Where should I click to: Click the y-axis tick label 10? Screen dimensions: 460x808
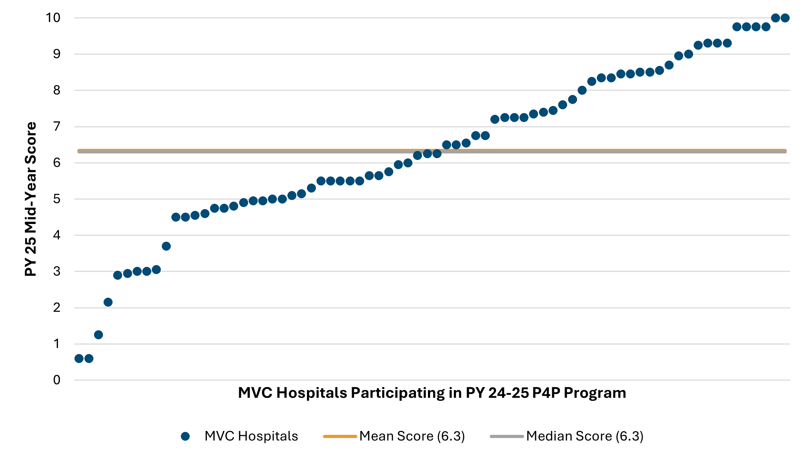point(53,18)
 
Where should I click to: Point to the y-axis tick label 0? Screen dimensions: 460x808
point(57,380)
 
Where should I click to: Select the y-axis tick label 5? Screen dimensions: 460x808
point(57,199)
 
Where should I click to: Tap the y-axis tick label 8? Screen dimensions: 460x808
point(57,90)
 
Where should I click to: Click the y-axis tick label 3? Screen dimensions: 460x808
point(57,271)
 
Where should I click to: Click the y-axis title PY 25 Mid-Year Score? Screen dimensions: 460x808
point(31,199)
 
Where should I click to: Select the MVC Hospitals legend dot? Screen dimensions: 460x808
point(185,436)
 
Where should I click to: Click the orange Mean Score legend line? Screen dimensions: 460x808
point(340,436)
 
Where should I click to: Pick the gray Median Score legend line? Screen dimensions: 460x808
point(506,436)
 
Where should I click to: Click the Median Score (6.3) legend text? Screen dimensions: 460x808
point(585,436)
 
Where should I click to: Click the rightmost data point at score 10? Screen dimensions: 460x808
point(785,18)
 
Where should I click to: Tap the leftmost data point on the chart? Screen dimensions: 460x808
point(79,359)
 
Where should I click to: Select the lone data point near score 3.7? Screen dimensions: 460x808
point(166,246)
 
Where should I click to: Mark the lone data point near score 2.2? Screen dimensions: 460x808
point(108,302)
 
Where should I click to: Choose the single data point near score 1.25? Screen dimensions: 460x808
point(98,335)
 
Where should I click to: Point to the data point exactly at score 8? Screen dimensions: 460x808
point(582,90)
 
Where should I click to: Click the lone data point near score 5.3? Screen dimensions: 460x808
point(311,188)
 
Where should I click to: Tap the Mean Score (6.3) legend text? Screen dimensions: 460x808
point(412,436)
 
